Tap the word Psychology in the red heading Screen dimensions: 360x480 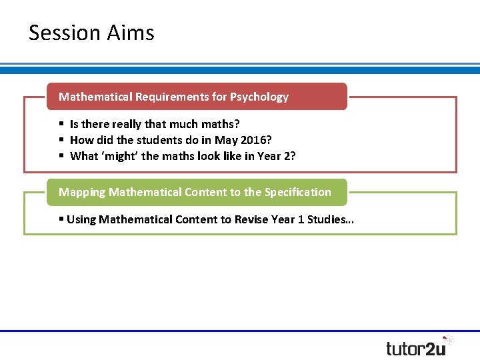tap(259, 97)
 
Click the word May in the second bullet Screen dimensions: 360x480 tap(225, 140)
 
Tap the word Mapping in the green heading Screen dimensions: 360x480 tap(82, 192)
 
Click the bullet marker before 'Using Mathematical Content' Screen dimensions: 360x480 tap(61, 219)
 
